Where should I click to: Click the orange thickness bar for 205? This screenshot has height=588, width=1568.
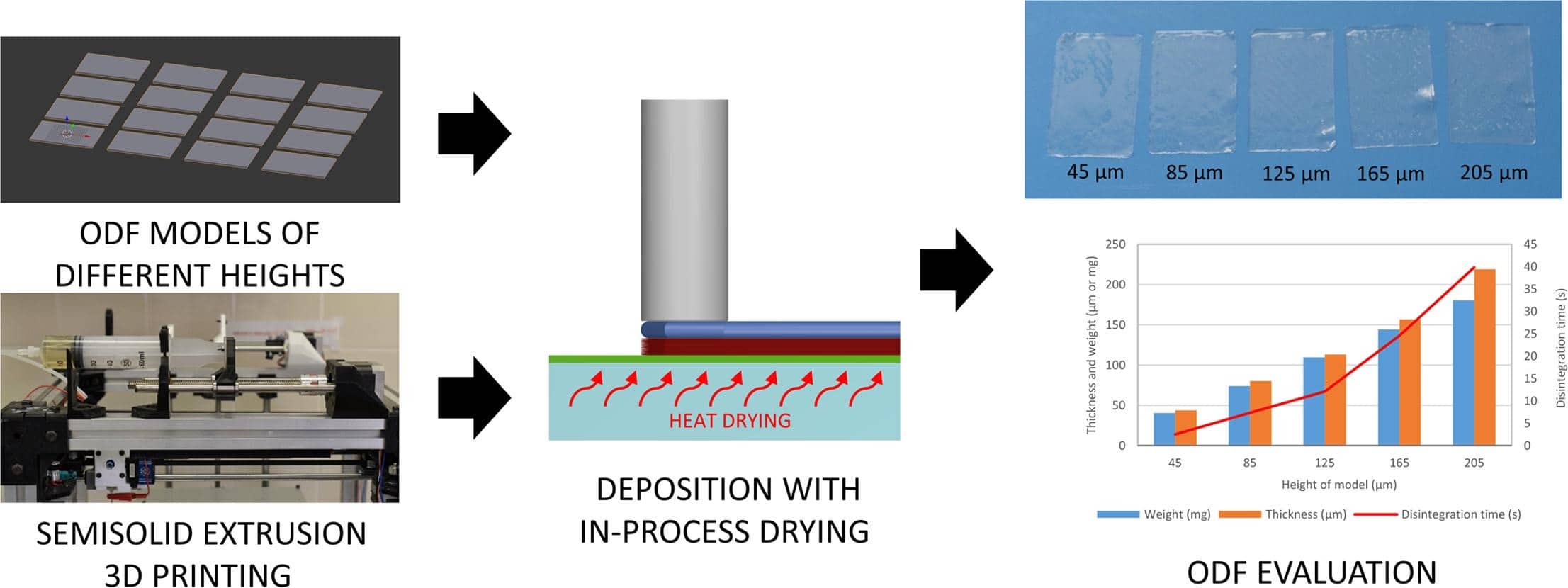pyautogui.click(x=1484, y=357)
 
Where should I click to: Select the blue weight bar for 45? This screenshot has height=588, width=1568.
pyautogui.click(x=1164, y=429)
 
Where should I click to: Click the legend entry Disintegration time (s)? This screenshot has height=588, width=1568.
pyautogui.click(x=1460, y=514)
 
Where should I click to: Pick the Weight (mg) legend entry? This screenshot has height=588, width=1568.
pyautogui.click(x=1176, y=514)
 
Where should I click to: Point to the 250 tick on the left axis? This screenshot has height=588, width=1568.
pyautogui.click(x=1115, y=244)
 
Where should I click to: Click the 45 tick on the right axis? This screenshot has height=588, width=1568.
pyautogui.click(x=1530, y=244)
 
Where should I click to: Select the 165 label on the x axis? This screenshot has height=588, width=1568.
pyautogui.click(x=1399, y=463)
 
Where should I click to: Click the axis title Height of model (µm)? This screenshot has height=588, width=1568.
pyautogui.click(x=1338, y=485)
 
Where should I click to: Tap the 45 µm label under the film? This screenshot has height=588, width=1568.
pyautogui.click(x=1095, y=172)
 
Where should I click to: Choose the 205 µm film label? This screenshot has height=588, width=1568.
pyautogui.click(x=1494, y=173)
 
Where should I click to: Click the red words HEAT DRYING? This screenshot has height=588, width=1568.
pyautogui.click(x=730, y=421)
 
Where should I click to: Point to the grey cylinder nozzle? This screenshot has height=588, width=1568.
pyautogui.click(x=684, y=210)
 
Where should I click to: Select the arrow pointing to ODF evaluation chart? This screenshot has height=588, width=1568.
pyautogui.click(x=956, y=270)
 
